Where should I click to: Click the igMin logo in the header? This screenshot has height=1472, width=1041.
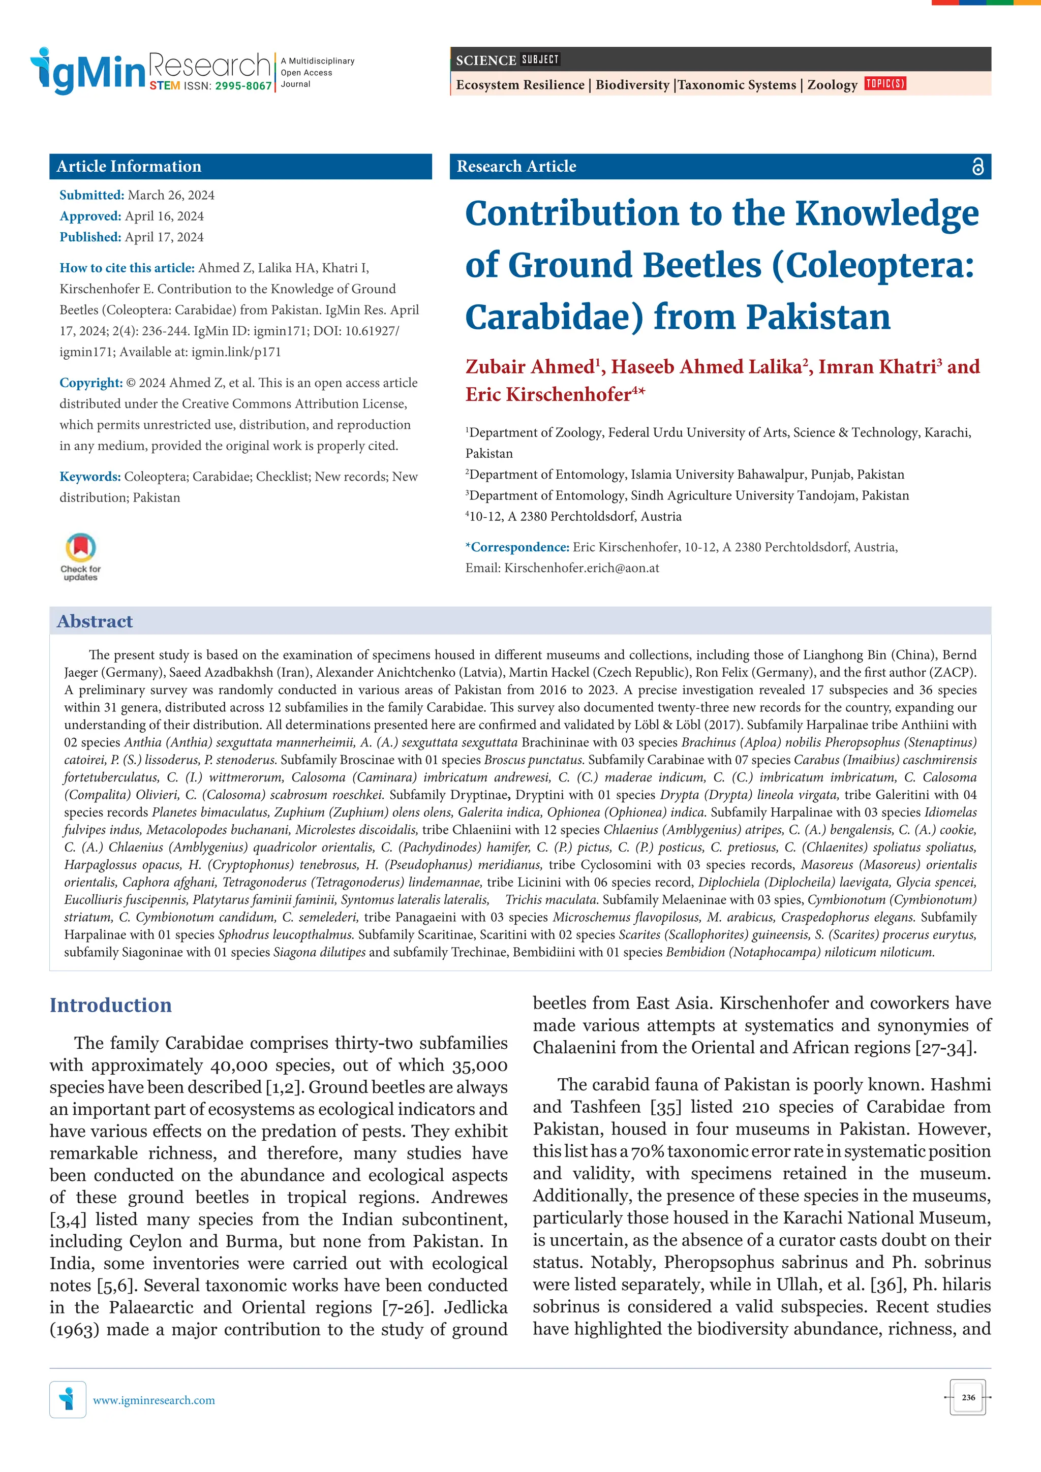(x=88, y=71)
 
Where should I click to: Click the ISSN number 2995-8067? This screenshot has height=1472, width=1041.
(x=243, y=86)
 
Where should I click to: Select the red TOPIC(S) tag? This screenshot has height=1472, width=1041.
(x=885, y=83)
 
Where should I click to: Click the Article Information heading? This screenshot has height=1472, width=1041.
(x=129, y=167)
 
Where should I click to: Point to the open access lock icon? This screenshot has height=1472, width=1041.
(x=977, y=167)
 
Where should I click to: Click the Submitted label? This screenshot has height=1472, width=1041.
(x=91, y=195)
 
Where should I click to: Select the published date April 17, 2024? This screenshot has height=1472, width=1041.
(x=164, y=237)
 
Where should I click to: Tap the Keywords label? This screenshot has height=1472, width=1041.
(x=90, y=476)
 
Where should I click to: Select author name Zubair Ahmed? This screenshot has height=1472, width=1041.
(x=530, y=367)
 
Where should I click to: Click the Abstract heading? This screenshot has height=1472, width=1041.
(x=95, y=621)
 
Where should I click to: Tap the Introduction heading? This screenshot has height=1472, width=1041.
(x=111, y=1005)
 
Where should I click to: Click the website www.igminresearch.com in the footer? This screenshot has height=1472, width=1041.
(x=154, y=1400)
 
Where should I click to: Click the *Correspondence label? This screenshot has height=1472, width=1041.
(x=517, y=547)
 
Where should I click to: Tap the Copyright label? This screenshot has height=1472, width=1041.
(x=91, y=383)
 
